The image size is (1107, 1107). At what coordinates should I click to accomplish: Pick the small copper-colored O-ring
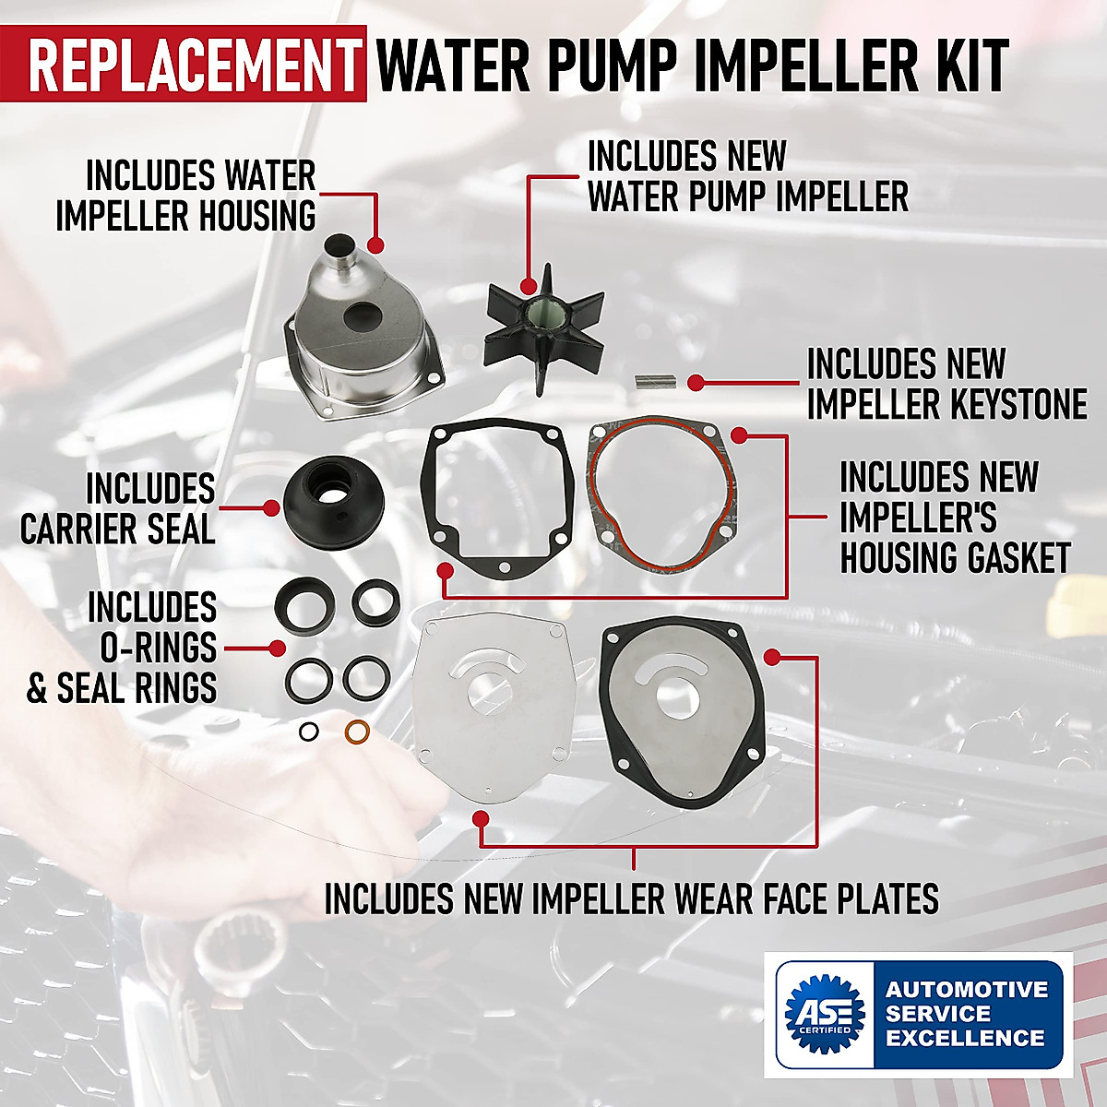pos(357,732)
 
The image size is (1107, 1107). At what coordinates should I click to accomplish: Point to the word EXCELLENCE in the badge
pos(965,1038)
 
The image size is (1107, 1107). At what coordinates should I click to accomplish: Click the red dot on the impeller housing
pos(375,244)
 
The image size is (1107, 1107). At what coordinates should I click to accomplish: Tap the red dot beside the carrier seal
pos(271,508)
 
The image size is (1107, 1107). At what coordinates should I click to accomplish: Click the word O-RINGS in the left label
pos(158,647)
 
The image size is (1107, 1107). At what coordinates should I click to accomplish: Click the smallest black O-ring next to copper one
pos(310,732)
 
